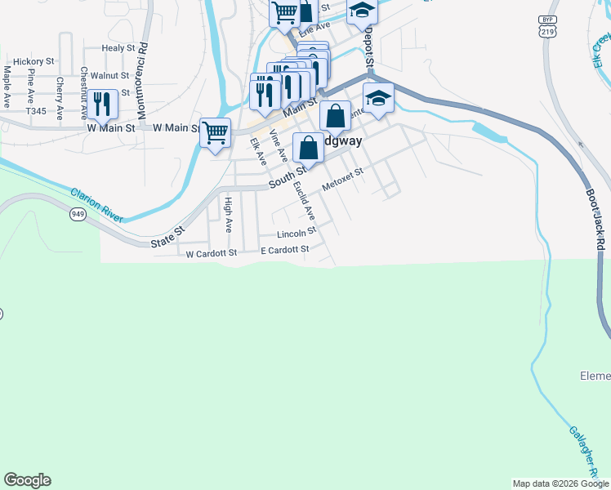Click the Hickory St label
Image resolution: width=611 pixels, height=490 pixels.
33,61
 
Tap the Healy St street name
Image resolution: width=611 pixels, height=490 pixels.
118,48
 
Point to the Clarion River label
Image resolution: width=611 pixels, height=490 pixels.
96,204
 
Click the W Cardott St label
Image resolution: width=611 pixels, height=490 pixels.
211,254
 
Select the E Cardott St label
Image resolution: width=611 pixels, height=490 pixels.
285,249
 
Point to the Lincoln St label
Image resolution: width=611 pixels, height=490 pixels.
297,233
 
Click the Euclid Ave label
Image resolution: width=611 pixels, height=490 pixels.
304,201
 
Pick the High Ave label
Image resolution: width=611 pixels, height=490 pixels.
229,214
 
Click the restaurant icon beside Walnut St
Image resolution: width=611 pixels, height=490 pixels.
102,104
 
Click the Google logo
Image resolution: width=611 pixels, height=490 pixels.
27,480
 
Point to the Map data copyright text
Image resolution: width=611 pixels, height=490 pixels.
560,483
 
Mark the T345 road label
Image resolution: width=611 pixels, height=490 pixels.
36,111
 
